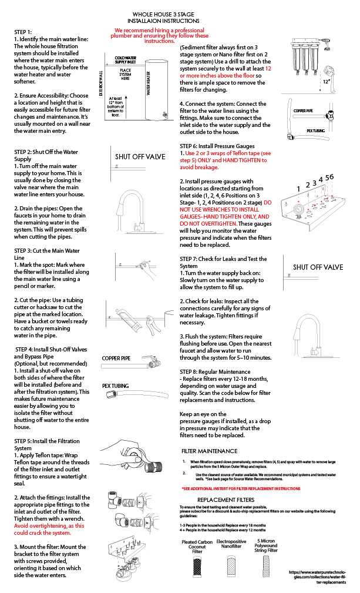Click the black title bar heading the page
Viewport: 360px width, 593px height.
(163, 15)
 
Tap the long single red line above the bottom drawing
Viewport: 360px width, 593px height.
(241, 488)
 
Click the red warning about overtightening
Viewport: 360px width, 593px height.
(49, 528)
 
